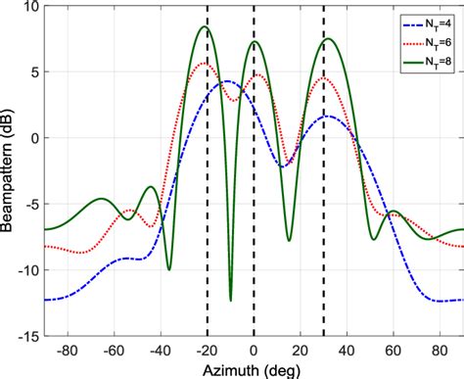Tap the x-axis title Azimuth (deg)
point(254,369)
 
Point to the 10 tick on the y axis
point(30,7)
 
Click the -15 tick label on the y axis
point(27,336)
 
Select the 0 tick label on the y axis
point(33,138)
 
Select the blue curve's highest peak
point(227,81)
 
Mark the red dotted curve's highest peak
point(206,63)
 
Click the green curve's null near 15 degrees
point(289,241)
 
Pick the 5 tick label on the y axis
point(33,72)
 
